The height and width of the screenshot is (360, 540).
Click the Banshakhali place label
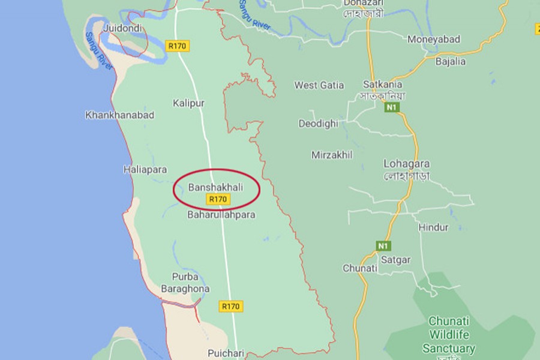pyautogui.click(x=216, y=187)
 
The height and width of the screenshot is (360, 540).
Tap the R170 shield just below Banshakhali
pyautogui.click(x=217, y=199)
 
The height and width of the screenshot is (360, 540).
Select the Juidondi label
pyautogui.click(x=123, y=28)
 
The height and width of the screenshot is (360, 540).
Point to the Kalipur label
pyautogui.click(x=188, y=103)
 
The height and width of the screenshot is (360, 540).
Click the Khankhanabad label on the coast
pyautogui.click(x=120, y=115)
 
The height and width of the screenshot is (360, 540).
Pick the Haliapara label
pyautogui.click(x=145, y=170)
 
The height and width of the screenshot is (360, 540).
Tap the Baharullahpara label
pyautogui.click(x=221, y=214)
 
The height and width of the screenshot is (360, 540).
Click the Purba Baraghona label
pyautogui.click(x=185, y=283)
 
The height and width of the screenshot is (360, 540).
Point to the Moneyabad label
pyautogui.click(x=434, y=40)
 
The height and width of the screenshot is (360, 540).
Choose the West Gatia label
pyautogui.click(x=319, y=85)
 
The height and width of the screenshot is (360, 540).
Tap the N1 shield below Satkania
pyautogui.click(x=392, y=108)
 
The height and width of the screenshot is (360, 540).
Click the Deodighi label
pyautogui.click(x=319, y=124)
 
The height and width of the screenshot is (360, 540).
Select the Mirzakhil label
pyautogui.click(x=332, y=155)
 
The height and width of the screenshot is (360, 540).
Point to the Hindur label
pyautogui.click(x=433, y=227)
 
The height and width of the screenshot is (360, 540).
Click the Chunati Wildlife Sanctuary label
pyautogui.click(x=449, y=335)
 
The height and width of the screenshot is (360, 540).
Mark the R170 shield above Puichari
pyautogui.click(x=230, y=306)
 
